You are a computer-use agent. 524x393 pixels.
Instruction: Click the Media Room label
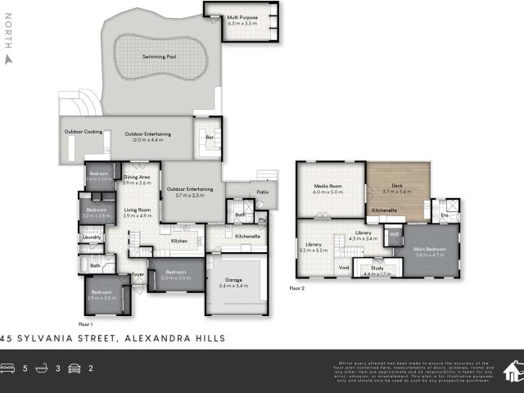(327, 187)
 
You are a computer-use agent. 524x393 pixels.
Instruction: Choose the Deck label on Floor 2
(397, 187)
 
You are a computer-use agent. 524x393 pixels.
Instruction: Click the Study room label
(377, 268)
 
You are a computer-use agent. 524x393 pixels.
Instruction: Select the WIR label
(394, 233)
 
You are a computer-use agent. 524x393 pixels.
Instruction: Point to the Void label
(344, 267)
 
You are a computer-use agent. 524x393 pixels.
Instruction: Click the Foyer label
(138, 274)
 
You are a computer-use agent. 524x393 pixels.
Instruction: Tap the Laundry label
(91, 237)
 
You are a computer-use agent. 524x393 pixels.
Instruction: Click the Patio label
(262, 192)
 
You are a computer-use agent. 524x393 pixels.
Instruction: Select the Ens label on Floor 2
(444, 215)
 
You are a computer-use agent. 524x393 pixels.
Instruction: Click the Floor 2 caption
(296, 288)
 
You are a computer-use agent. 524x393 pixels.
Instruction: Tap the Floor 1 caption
(88, 324)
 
